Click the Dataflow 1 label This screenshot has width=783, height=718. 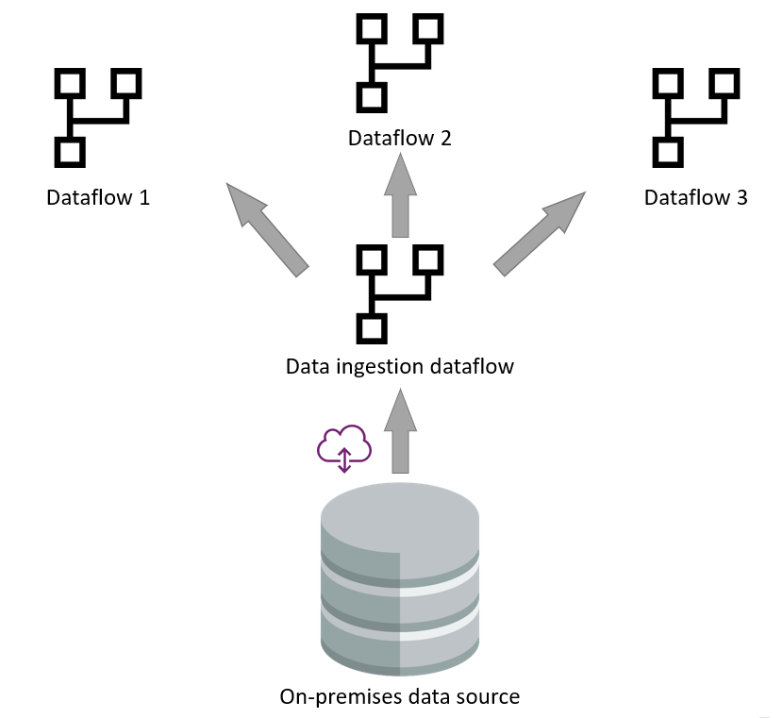98,198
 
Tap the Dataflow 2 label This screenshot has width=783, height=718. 400,138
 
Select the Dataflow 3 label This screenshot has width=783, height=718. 696,198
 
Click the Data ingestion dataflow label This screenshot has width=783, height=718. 400,365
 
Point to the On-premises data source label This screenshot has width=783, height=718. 400,697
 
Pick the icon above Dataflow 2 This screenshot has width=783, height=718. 400,62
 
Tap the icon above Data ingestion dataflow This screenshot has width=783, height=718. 400,292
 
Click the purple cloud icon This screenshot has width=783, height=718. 344,447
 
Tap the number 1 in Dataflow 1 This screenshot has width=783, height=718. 144,198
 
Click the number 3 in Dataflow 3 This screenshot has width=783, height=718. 742,198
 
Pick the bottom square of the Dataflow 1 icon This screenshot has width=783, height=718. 68,151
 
